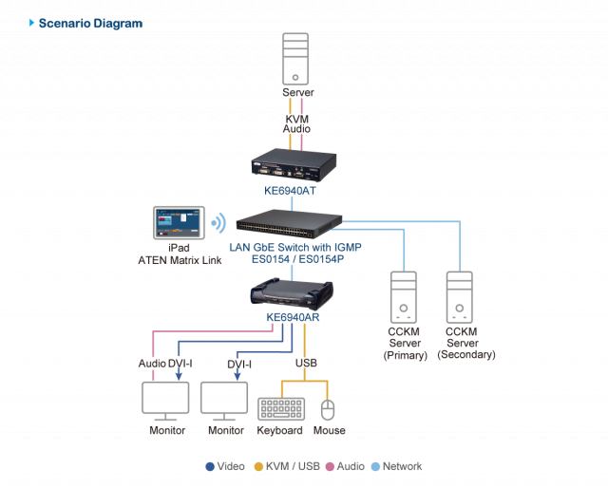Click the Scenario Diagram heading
(90, 23)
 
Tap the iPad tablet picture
(178, 223)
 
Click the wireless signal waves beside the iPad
(218, 224)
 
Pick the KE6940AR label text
(293, 318)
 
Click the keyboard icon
(279, 408)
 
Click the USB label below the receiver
(305, 364)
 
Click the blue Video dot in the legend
(210, 467)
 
